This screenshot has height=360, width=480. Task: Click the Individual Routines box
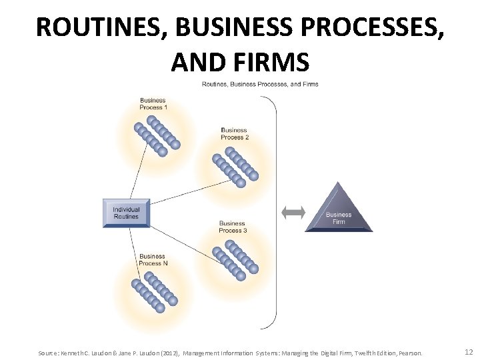tap(126, 212)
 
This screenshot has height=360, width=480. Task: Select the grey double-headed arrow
tap(293, 212)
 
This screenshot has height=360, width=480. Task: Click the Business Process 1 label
tap(153, 104)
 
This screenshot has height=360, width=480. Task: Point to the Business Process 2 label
tap(234, 133)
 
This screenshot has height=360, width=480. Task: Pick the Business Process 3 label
tap(233, 227)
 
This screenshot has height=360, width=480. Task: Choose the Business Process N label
tap(153, 259)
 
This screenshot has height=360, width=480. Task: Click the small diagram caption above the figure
tap(260, 84)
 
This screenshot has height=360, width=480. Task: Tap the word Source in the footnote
tap(49, 352)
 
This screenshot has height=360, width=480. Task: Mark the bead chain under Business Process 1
tap(157, 136)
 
